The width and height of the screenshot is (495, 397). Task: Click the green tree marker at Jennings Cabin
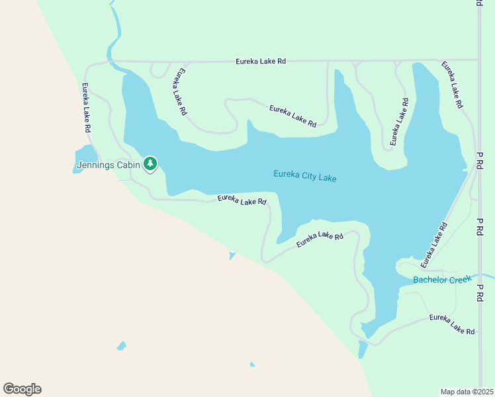(x=150, y=163)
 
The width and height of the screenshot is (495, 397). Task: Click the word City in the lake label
(x=310, y=177)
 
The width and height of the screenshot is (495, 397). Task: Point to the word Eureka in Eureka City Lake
(x=287, y=175)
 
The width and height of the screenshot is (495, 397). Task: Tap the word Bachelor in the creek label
(x=430, y=280)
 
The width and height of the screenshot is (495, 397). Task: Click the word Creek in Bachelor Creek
(x=461, y=279)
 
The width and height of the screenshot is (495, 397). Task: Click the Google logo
(x=22, y=389)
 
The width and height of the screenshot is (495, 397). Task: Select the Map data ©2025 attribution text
(x=467, y=392)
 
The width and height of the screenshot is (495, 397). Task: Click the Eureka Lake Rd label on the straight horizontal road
(x=261, y=62)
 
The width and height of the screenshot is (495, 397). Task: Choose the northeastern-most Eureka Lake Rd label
(x=453, y=85)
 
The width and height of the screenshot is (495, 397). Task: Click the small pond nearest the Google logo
(x=121, y=345)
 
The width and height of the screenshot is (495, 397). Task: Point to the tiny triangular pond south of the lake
(x=232, y=255)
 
